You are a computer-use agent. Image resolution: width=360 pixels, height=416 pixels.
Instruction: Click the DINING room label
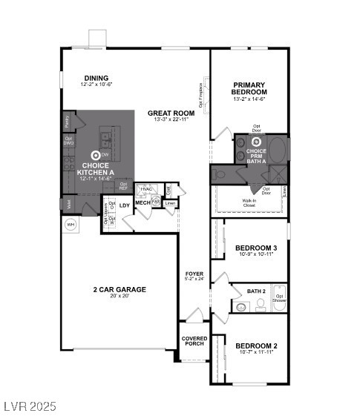pos(96,78)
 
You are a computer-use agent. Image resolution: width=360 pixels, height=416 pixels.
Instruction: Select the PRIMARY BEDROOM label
pos(249,88)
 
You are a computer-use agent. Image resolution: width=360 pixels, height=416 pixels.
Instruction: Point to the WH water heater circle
pos(71,224)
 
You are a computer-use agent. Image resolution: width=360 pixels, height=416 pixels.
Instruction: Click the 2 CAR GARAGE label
pos(119,289)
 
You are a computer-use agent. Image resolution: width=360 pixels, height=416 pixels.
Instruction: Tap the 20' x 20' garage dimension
pos(119,297)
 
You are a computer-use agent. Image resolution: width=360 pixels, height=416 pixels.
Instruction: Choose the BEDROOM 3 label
pos(256,248)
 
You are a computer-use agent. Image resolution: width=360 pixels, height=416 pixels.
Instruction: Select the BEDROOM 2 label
pos(256,346)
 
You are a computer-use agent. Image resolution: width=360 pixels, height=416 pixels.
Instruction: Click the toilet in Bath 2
pos(240,306)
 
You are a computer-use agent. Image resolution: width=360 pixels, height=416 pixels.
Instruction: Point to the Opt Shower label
pos(280,298)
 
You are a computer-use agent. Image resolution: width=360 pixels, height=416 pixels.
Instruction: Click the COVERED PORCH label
pos(194,341)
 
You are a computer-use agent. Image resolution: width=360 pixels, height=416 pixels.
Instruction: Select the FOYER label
pos(194,274)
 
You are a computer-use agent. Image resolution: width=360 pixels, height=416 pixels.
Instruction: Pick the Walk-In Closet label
pos(249,201)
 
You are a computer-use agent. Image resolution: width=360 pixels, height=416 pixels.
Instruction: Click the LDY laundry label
pos(125,205)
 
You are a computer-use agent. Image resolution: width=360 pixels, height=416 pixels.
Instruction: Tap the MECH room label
pos(143,202)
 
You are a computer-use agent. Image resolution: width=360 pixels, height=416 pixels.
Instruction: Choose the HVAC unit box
pos(147,189)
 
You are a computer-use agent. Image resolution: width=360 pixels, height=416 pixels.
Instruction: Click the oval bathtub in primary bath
pos(275,150)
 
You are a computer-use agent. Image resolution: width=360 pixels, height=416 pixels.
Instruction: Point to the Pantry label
pos(67,120)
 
